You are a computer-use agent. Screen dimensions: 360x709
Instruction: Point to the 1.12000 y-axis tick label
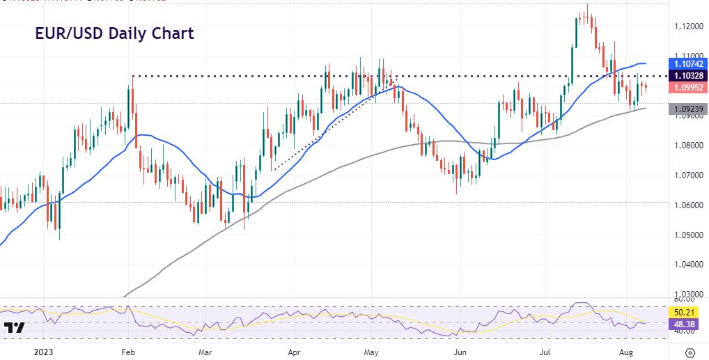tap(688, 26)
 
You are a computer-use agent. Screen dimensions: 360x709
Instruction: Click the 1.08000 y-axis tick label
tap(688, 146)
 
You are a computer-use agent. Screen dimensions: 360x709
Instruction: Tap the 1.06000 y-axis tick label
tap(688, 205)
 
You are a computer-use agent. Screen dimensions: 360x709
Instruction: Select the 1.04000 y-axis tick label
tap(688, 265)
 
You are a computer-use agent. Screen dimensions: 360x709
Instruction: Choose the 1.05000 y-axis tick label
tap(688, 235)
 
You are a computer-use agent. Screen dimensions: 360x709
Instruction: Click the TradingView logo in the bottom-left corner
tap(14, 327)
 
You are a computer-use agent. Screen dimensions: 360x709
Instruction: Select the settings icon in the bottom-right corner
tap(689, 351)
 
